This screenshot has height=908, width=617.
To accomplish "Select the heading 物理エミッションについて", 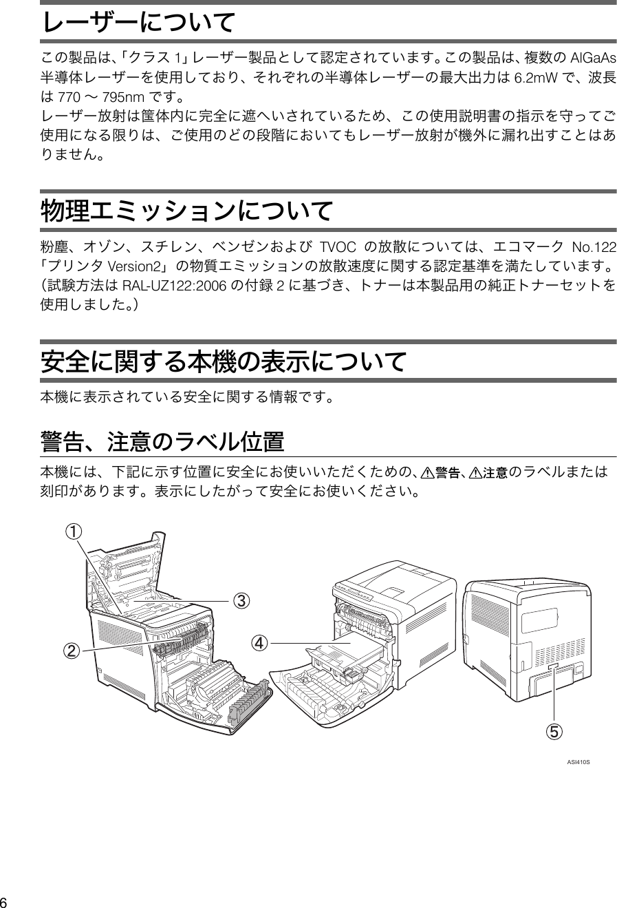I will (x=188, y=211).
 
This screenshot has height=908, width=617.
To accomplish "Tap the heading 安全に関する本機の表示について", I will (x=224, y=361).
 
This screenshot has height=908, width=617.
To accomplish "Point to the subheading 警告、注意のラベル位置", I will (x=163, y=441).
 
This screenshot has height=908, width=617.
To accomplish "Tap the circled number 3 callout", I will (x=241, y=601).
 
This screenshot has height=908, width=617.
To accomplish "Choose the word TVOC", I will (x=337, y=246).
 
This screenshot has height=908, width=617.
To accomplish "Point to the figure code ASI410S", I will (x=578, y=763).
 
